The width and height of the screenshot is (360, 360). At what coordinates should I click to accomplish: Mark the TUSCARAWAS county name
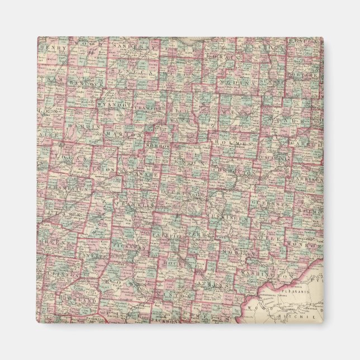pos(274,158)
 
